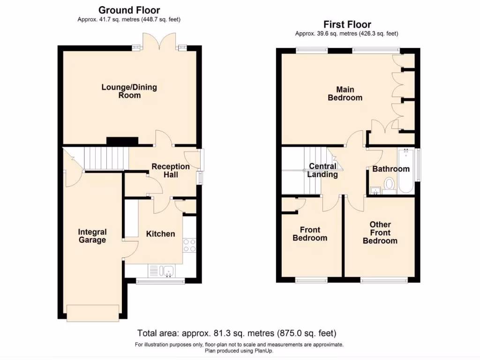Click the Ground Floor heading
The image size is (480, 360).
tap(129, 10)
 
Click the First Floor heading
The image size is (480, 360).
tap(347, 24)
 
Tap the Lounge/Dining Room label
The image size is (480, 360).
tap(129, 91)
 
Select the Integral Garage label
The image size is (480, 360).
tap(92, 236)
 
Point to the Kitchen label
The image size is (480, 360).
tap(160, 234)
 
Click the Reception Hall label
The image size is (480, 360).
tap(171, 171)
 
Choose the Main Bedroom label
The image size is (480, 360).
tap(345, 94)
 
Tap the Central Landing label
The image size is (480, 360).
tap(322, 171)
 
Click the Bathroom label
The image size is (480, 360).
tap(391, 169)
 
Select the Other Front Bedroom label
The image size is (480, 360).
tap(380, 232)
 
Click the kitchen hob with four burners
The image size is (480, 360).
tap(189, 245)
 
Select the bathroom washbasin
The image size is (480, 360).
tap(375, 190)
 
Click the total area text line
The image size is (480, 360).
tap(237, 334)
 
